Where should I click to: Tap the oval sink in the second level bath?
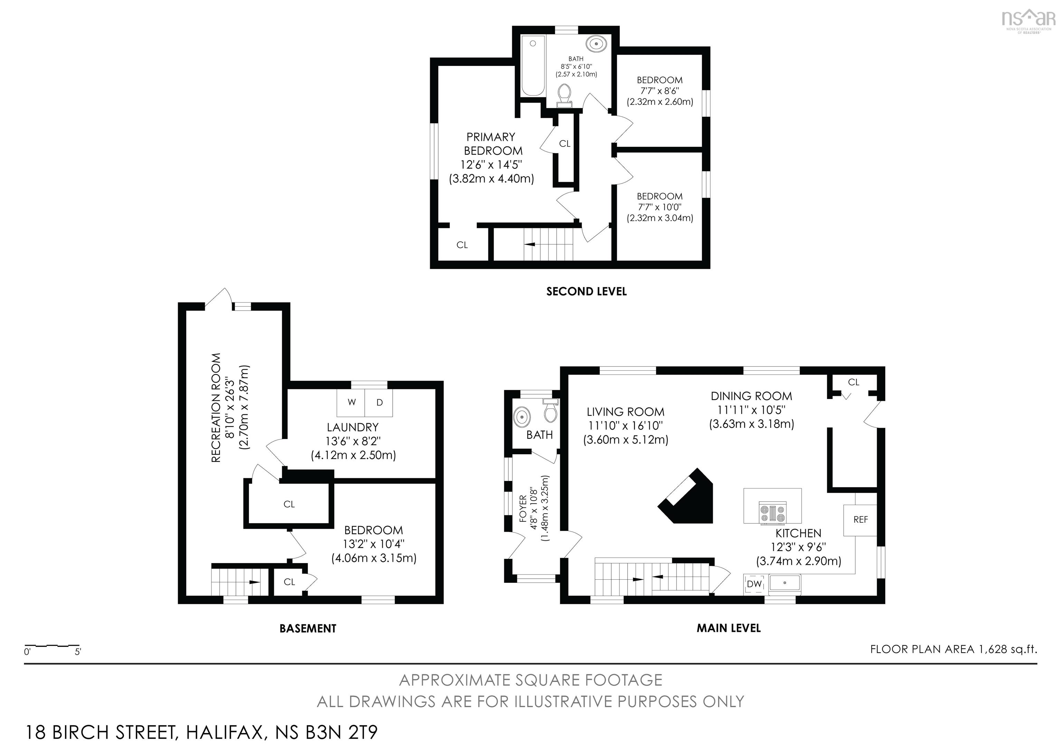(596, 44)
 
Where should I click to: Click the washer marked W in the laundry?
(351, 402)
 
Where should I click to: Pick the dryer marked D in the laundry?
(379, 402)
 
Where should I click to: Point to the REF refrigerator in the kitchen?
(860, 520)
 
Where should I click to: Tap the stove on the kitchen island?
(772, 513)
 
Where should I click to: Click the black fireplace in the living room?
(686, 496)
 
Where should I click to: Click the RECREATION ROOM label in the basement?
(216, 408)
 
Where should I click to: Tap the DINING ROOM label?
(752, 396)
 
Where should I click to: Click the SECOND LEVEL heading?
(586, 292)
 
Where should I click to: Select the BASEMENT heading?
(308, 628)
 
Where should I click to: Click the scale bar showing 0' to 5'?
(52, 646)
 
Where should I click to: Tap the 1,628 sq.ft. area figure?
(1008, 649)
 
